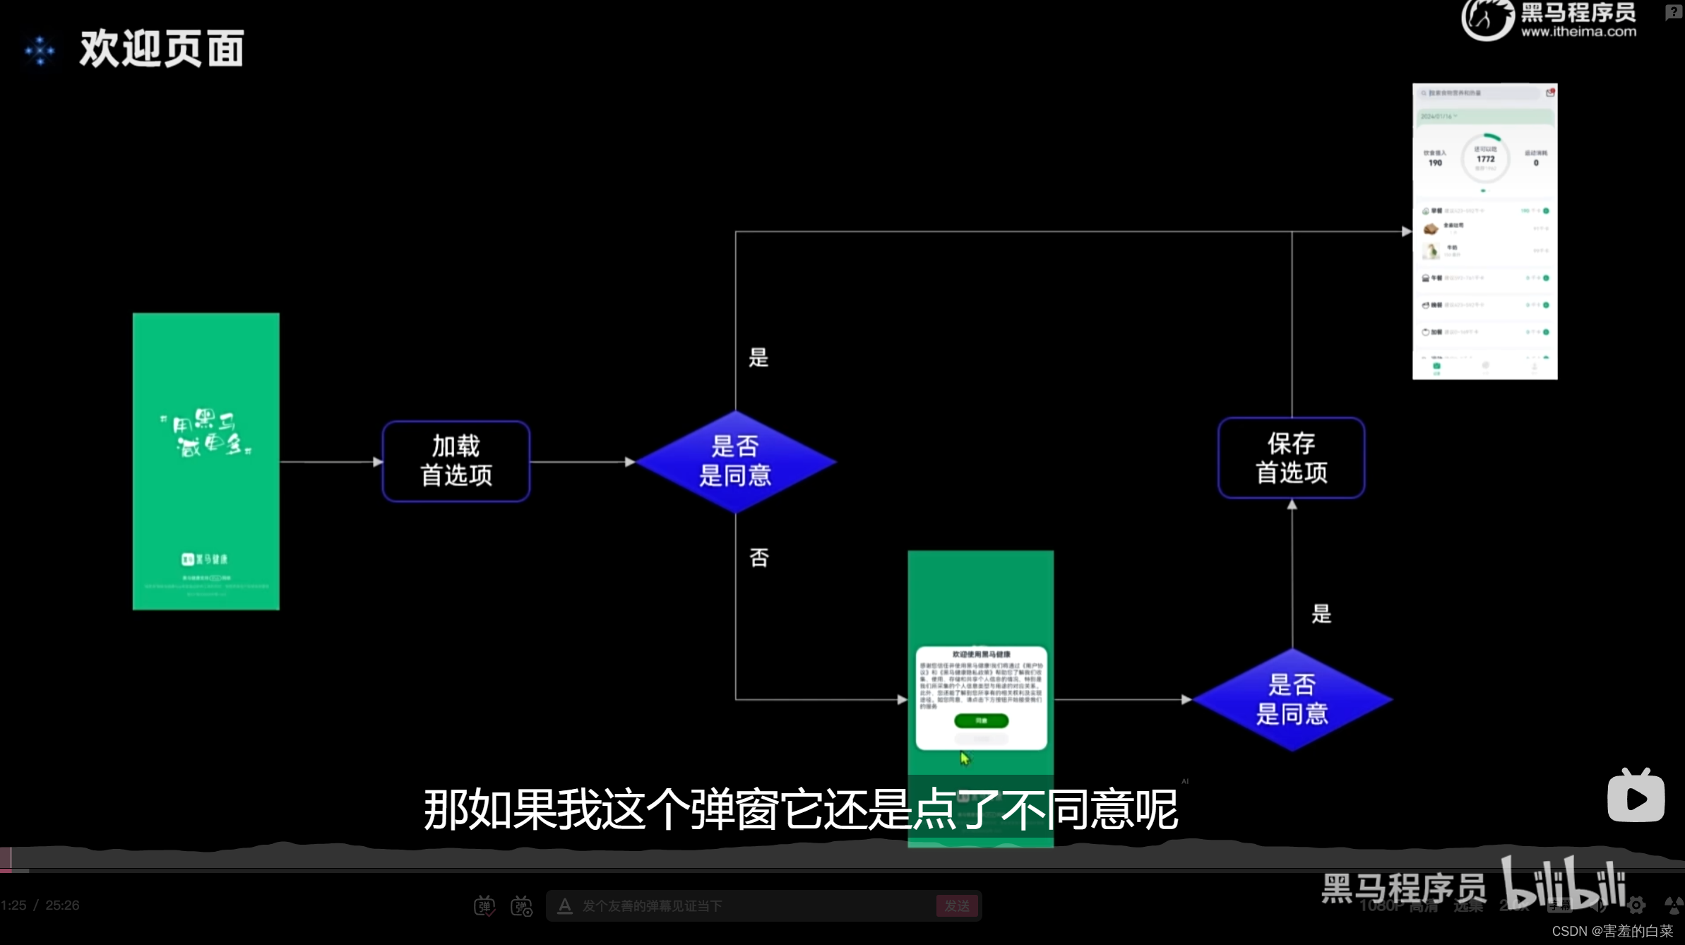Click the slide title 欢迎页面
[x=162, y=49]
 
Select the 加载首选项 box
[x=456, y=461]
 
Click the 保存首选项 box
[x=1291, y=458]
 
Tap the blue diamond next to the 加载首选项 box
[x=735, y=461]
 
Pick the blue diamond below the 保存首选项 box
[x=1292, y=699]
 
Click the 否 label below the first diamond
[x=759, y=558]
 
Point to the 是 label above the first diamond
[x=758, y=357]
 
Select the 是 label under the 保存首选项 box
[x=1321, y=614]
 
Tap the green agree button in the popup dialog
[x=981, y=720]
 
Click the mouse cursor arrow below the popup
[x=965, y=758]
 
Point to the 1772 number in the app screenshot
[x=1485, y=159]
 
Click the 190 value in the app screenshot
[x=1435, y=162]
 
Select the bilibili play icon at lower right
[x=1636, y=797]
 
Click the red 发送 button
[x=957, y=905]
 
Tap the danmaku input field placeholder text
[x=652, y=905]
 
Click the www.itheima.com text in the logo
[x=1578, y=32]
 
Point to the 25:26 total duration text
[x=62, y=905]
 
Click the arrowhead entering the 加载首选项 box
[x=378, y=462]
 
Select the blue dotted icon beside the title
[x=40, y=50]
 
